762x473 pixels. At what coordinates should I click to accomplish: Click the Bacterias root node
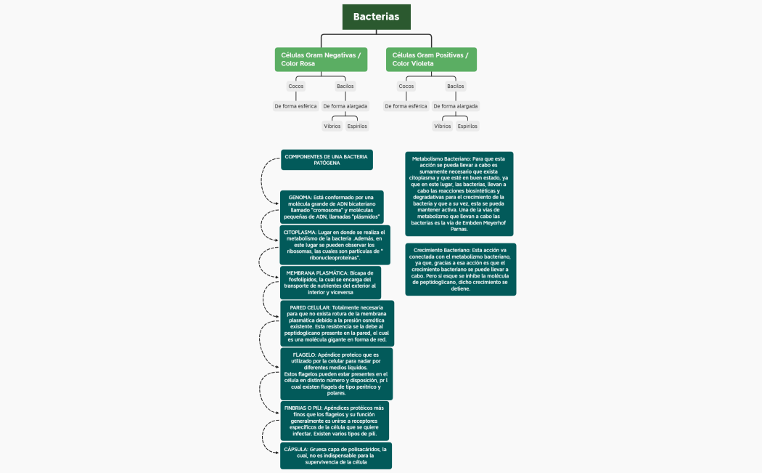click(x=376, y=17)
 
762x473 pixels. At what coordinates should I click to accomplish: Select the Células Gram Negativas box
click(x=321, y=60)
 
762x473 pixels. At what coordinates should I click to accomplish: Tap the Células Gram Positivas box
click(x=431, y=60)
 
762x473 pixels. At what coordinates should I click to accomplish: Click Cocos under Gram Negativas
click(x=296, y=86)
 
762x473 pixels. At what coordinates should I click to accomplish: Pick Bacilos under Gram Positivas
click(x=455, y=86)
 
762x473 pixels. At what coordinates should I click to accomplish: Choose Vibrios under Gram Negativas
click(x=332, y=126)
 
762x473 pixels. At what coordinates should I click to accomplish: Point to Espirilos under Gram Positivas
click(x=467, y=126)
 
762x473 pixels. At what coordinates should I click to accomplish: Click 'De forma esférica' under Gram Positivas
click(x=406, y=106)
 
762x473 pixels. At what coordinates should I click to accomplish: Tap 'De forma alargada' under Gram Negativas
click(x=345, y=106)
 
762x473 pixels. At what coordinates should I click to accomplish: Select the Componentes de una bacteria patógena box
click(x=327, y=160)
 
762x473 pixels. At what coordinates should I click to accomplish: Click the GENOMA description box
click(x=332, y=207)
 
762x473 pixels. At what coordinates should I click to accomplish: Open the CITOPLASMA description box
click(x=335, y=244)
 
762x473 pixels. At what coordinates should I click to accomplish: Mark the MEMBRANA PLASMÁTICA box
click(x=330, y=283)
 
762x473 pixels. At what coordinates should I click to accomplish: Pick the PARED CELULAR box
click(x=337, y=323)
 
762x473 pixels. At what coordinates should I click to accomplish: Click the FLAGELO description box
click(x=336, y=373)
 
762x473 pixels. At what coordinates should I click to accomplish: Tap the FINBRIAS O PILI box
click(x=335, y=421)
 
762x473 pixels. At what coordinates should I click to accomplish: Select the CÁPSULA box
click(x=335, y=456)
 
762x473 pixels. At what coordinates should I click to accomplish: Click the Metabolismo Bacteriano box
click(x=459, y=193)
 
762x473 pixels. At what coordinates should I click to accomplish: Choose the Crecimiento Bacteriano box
click(x=460, y=270)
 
